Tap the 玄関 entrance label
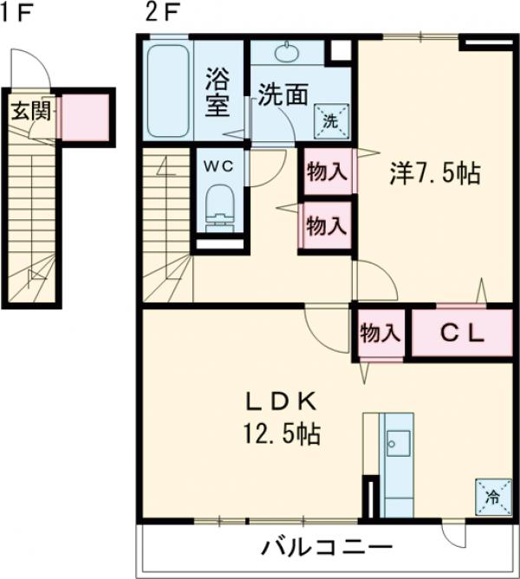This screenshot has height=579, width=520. click(x=30, y=111)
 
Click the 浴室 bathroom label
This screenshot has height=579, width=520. click(x=217, y=94)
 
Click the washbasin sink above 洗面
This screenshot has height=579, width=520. click(x=286, y=53)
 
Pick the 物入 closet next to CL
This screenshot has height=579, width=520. click(x=380, y=333)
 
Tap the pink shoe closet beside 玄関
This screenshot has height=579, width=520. click(x=83, y=116)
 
